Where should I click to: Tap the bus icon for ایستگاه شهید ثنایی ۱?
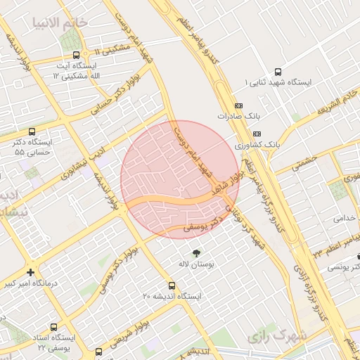click(x=278, y=72)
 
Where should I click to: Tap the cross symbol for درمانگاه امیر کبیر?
click(x=30, y=272)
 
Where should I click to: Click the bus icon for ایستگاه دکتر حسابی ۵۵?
click(x=32, y=131)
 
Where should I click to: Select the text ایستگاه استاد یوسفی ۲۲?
click(x=53, y=342)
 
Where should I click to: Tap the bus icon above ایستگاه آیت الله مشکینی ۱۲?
click(x=76, y=56)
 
